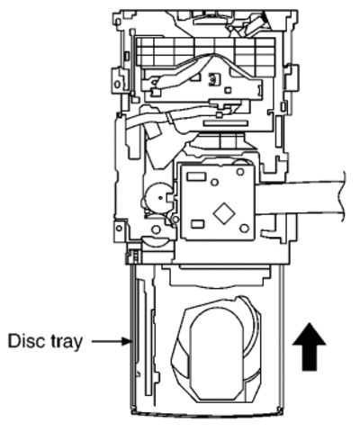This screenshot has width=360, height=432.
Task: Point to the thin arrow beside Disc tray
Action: pyautogui.click(x=111, y=341)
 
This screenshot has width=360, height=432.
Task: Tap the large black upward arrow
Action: pyautogui.click(x=309, y=346)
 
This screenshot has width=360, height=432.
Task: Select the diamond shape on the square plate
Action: pyautogui.click(x=224, y=212)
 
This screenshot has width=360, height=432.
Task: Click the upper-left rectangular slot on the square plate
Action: pyautogui.click(x=196, y=176)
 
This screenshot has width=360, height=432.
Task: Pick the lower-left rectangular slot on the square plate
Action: pyautogui.click(x=198, y=224)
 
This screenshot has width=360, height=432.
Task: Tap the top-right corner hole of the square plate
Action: pyautogui.click(x=240, y=172)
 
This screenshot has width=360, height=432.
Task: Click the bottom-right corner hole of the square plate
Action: pyautogui.click(x=244, y=229)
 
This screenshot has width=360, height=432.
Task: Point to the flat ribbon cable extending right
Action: pyautogui.click(x=300, y=197)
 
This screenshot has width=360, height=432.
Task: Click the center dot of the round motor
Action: pyautogui.click(x=160, y=197)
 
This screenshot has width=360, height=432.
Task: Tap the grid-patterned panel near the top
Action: pyautogui.click(x=205, y=51)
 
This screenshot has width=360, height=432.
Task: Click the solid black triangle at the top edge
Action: pyautogui.click(x=265, y=17)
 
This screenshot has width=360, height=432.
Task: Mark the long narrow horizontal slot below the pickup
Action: pyautogui.click(x=226, y=123)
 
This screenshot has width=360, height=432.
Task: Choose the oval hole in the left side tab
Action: pyautogui.click(x=117, y=83)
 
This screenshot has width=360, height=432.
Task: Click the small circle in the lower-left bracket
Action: pyautogui.click(x=119, y=229)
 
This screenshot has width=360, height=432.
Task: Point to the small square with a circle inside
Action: pyautogui.click(x=213, y=79)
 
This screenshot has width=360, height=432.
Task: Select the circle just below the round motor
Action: pyautogui.click(x=156, y=229)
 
